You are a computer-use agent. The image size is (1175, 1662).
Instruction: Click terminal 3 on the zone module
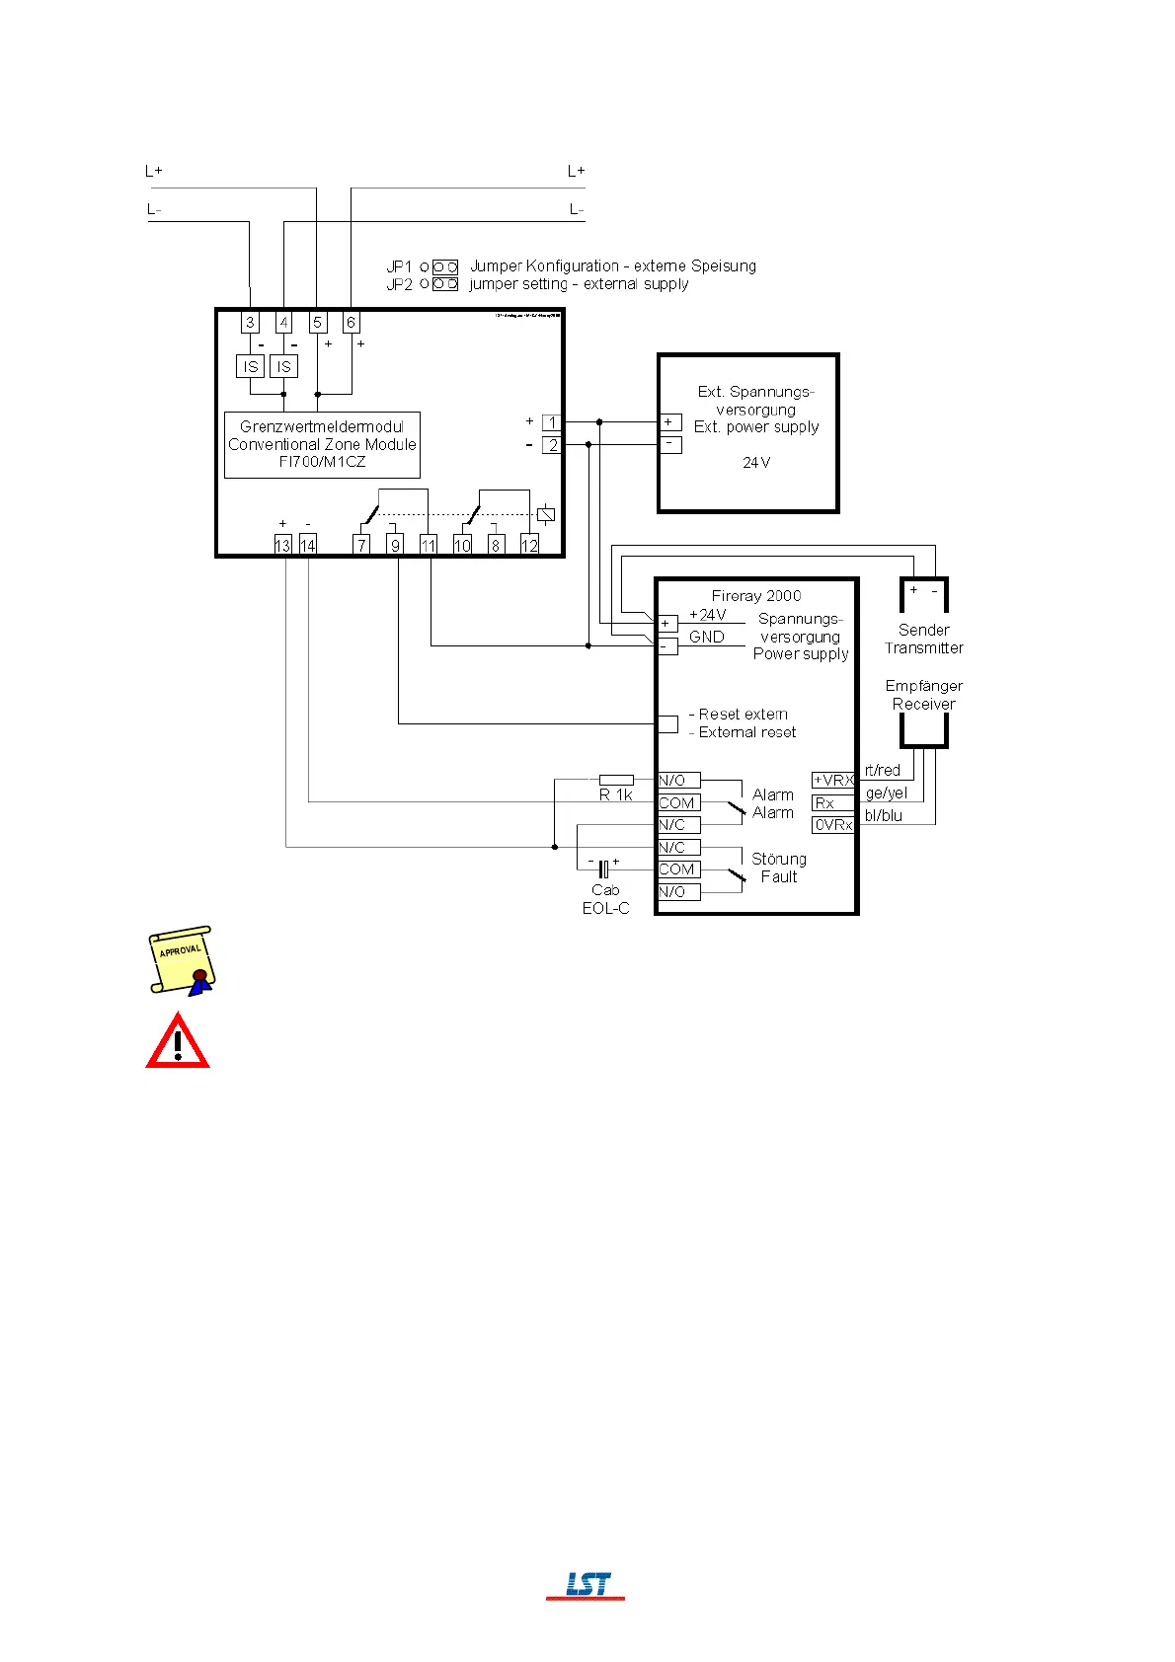click(x=250, y=322)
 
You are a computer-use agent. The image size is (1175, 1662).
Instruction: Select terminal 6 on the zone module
click(x=351, y=322)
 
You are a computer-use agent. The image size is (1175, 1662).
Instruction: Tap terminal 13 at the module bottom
click(x=282, y=545)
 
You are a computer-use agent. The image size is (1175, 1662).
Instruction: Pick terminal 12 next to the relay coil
click(x=529, y=545)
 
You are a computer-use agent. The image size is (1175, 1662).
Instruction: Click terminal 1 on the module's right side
click(x=552, y=422)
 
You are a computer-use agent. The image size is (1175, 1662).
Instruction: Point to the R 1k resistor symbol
click(x=616, y=780)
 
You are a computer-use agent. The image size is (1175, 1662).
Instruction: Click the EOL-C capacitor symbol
click(x=603, y=869)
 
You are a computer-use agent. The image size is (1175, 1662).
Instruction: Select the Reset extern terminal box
click(x=667, y=723)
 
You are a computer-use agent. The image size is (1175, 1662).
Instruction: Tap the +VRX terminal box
click(x=832, y=780)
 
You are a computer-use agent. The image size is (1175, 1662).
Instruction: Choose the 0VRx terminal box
click(x=832, y=825)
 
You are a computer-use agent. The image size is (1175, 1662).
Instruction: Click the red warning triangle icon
click(x=178, y=1042)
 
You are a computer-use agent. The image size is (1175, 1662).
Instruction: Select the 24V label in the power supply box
click(x=756, y=462)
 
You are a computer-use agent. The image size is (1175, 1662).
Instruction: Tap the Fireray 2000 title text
click(x=756, y=595)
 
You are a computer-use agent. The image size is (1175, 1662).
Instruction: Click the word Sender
click(x=923, y=630)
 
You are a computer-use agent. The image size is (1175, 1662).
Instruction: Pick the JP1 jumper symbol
click(x=445, y=266)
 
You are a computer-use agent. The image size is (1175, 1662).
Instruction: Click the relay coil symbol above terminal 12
click(x=545, y=514)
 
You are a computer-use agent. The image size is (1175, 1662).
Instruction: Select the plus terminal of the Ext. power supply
click(x=669, y=422)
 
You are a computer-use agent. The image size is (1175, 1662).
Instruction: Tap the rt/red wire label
click(x=882, y=770)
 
